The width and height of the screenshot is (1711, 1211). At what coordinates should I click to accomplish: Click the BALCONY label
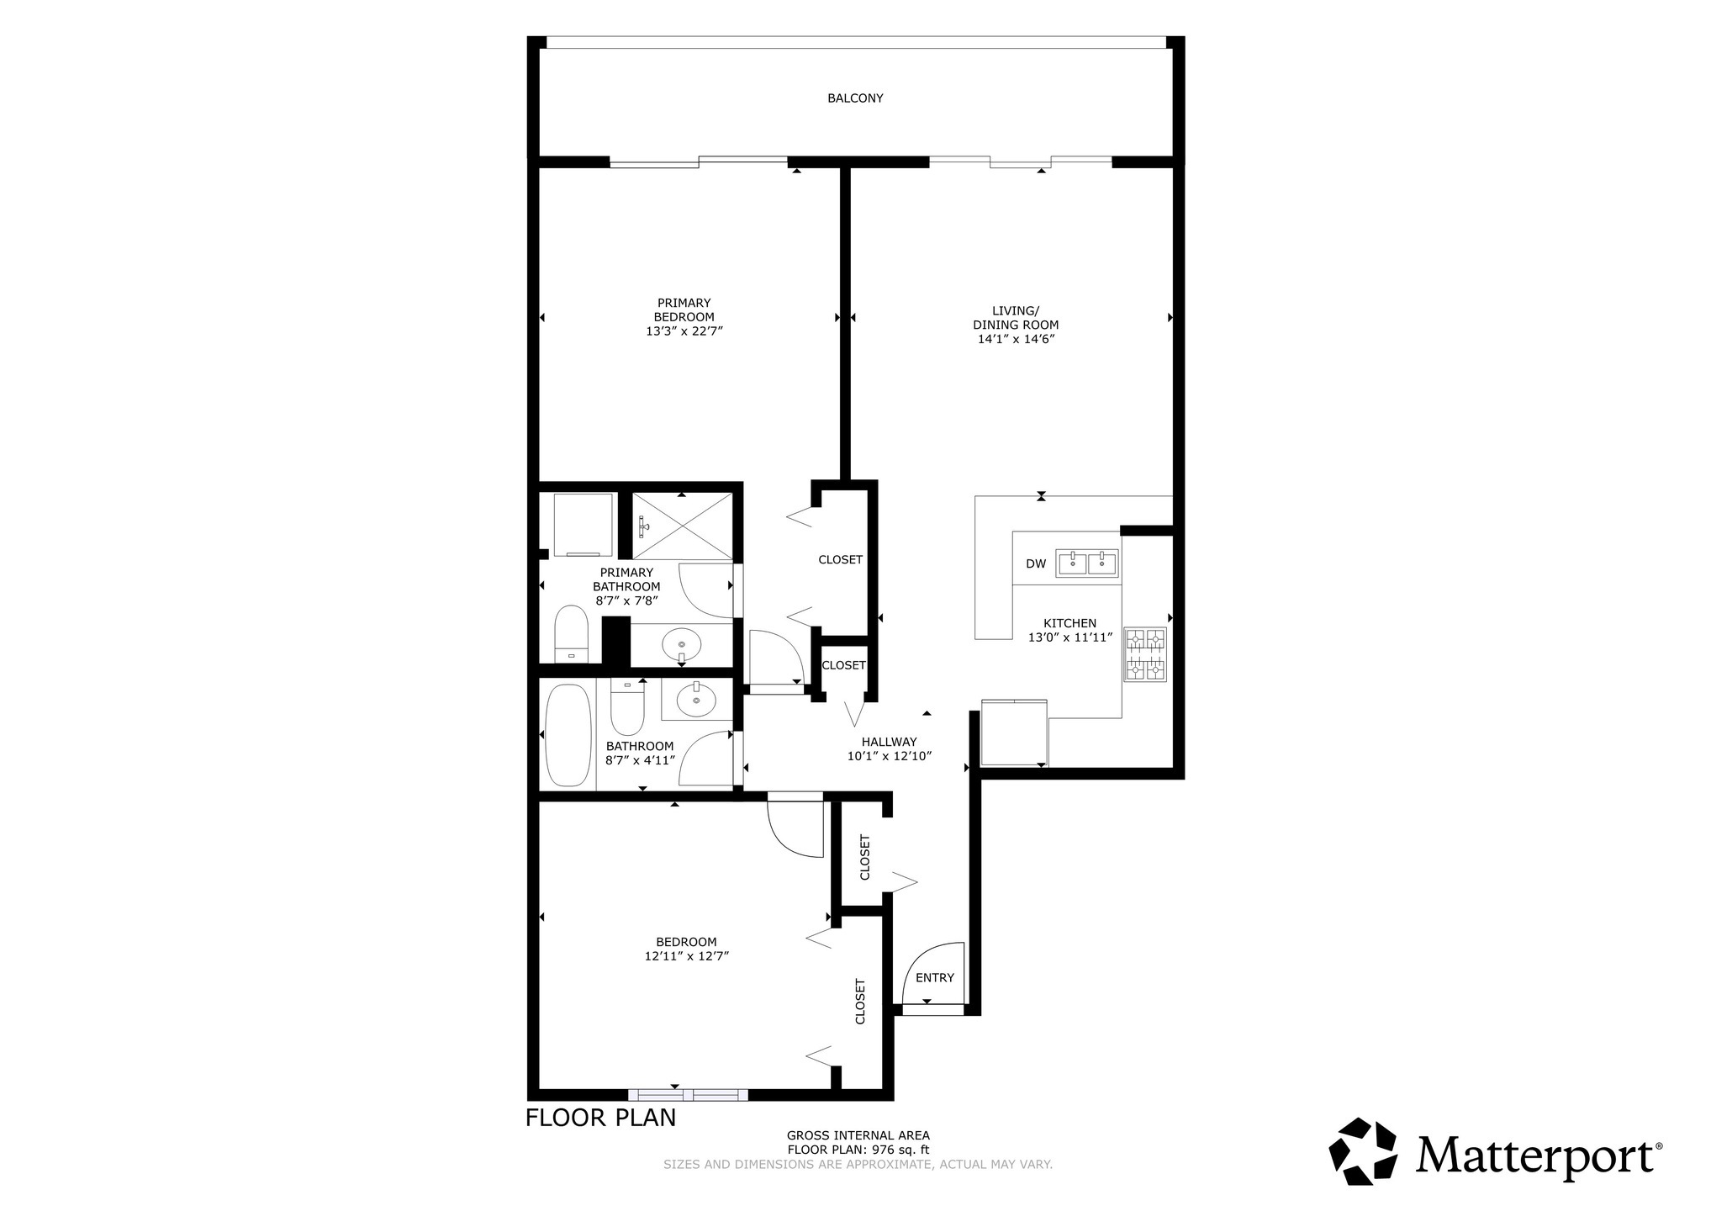[855, 98]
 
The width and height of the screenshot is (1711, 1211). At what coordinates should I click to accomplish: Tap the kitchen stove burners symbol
[1145, 654]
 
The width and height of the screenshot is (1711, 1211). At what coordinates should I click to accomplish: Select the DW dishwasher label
[1036, 563]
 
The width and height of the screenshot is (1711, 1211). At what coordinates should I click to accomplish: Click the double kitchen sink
[1087, 563]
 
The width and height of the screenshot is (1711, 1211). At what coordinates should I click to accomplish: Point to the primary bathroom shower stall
[682, 526]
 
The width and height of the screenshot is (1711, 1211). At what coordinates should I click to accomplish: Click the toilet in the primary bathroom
[572, 634]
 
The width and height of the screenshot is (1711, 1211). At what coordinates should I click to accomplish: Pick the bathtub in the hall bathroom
[568, 735]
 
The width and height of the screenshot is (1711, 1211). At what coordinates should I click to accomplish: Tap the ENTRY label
[935, 977]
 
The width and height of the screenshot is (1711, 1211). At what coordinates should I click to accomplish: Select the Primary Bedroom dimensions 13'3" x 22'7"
[684, 331]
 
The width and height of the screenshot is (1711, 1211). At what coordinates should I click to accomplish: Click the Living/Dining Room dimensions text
[1016, 339]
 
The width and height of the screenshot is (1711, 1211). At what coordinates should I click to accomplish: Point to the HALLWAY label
[889, 742]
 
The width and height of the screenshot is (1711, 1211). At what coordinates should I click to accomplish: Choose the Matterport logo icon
[1363, 1151]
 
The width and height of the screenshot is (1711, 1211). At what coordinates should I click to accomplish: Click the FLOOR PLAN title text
[600, 1118]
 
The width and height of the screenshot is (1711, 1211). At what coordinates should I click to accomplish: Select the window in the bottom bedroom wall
[688, 1095]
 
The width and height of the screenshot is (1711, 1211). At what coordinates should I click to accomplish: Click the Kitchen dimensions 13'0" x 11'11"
[1070, 637]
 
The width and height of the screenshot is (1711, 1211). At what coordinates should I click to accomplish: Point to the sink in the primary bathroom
[681, 646]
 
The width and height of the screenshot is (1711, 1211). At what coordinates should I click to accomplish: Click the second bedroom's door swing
[795, 829]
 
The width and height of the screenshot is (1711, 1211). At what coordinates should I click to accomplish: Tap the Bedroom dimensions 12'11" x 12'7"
[686, 956]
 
